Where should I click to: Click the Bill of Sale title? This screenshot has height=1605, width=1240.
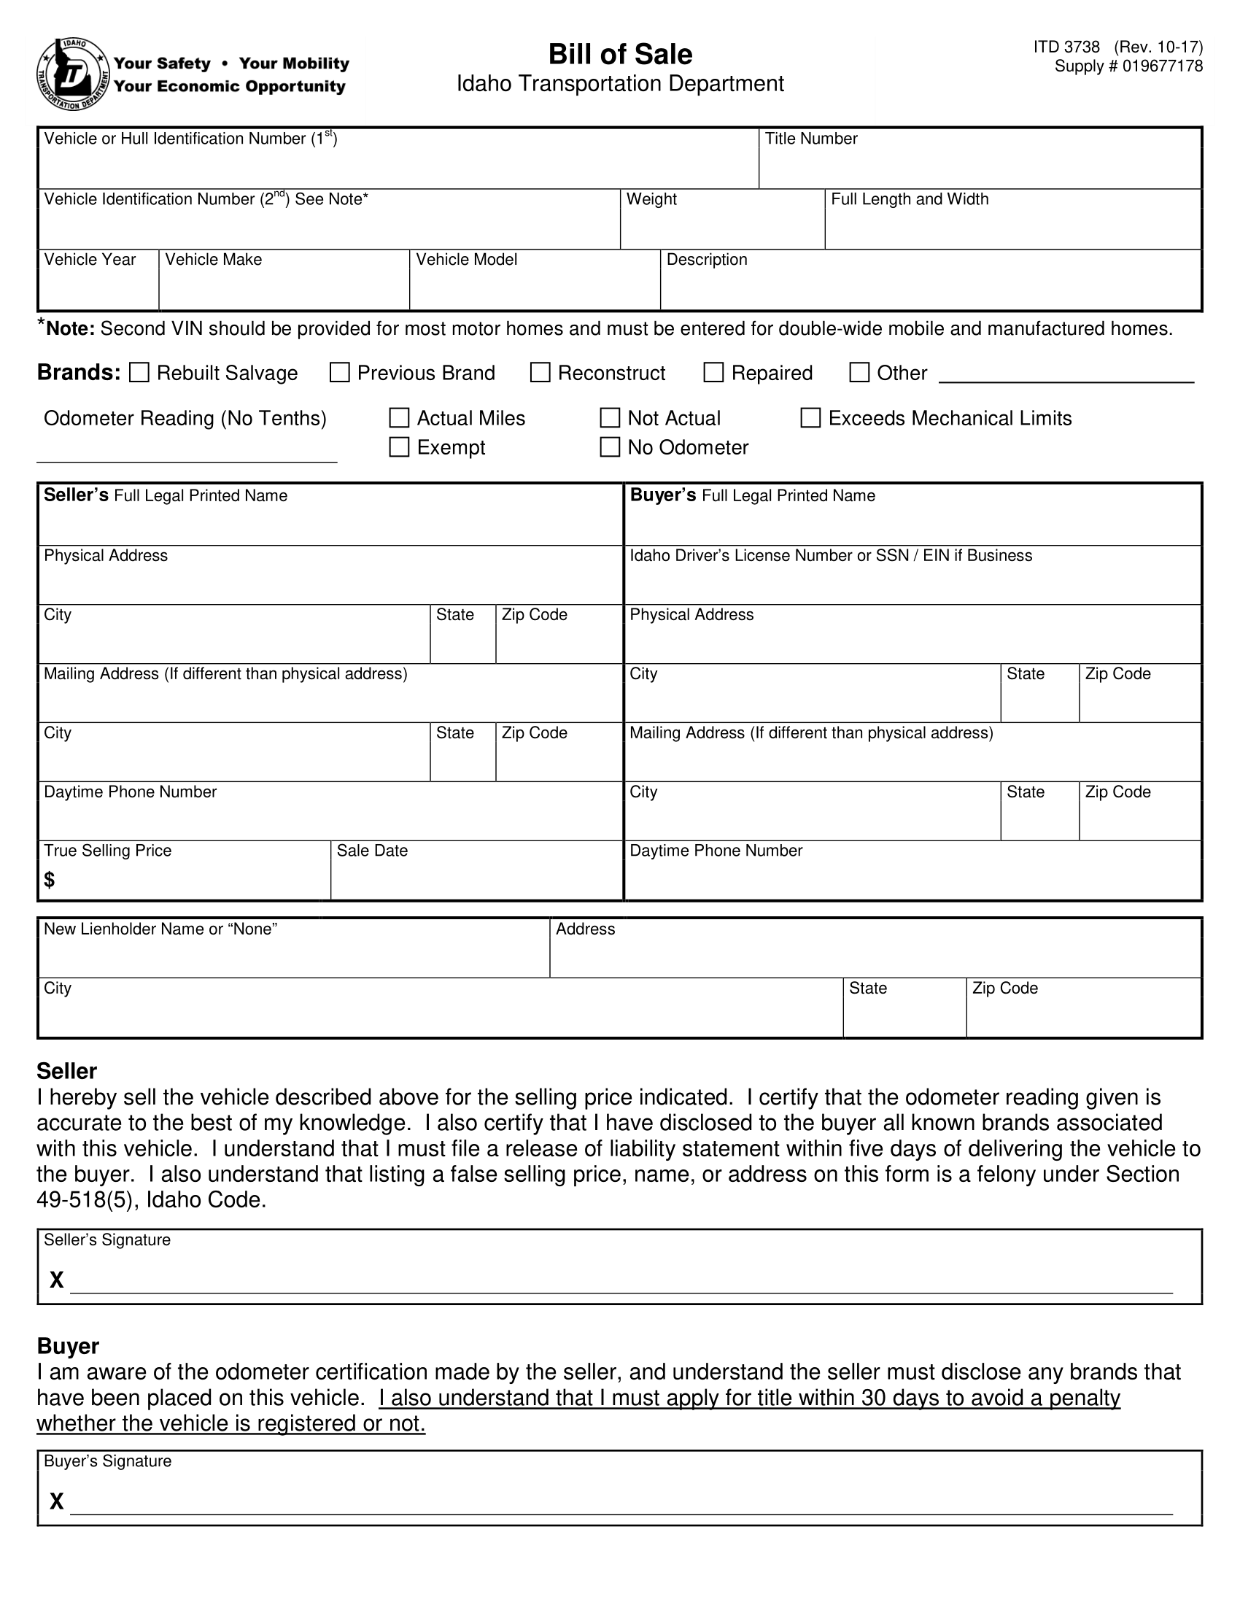pos(620,55)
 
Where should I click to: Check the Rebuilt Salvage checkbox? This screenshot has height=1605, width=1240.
pos(139,373)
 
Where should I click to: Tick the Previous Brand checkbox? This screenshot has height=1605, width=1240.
pos(339,373)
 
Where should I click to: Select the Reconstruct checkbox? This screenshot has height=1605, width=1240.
pos(540,373)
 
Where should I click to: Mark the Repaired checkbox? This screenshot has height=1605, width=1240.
pos(713,373)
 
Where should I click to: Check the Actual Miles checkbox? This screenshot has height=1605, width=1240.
pos(399,418)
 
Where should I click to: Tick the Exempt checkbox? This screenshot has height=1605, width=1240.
pos(399,446)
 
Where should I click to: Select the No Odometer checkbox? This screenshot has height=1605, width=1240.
pos(610,446)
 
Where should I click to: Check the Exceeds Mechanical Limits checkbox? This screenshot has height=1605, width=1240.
pos(810,418)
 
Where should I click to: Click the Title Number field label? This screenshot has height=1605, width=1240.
pos(811,139)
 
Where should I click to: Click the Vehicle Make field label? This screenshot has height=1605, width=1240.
pos(213,260)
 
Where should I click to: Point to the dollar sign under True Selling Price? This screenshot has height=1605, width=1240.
pos(49,879)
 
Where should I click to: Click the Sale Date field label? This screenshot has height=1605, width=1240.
pos(372,850)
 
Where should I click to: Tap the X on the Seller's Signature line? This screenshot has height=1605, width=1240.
pos(57,1280)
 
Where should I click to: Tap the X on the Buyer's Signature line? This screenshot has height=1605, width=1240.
pos(57,1501)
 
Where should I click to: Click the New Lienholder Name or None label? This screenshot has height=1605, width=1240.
pos(160,929)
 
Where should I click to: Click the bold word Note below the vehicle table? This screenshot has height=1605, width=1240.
pos(71,328)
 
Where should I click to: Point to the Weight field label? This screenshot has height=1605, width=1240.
pos(651,199)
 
